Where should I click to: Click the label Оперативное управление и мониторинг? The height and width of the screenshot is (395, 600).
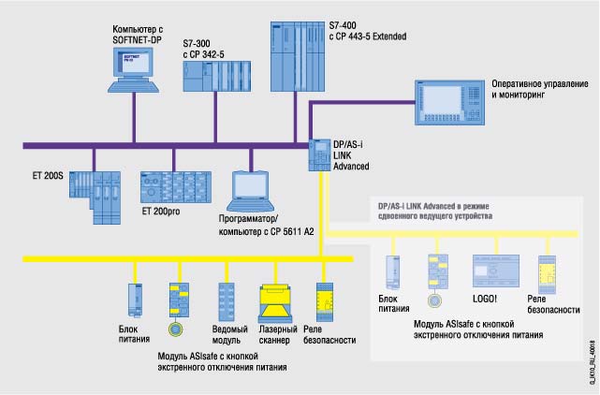pos(539,90)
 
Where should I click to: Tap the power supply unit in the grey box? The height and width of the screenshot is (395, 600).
pos(392,271)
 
